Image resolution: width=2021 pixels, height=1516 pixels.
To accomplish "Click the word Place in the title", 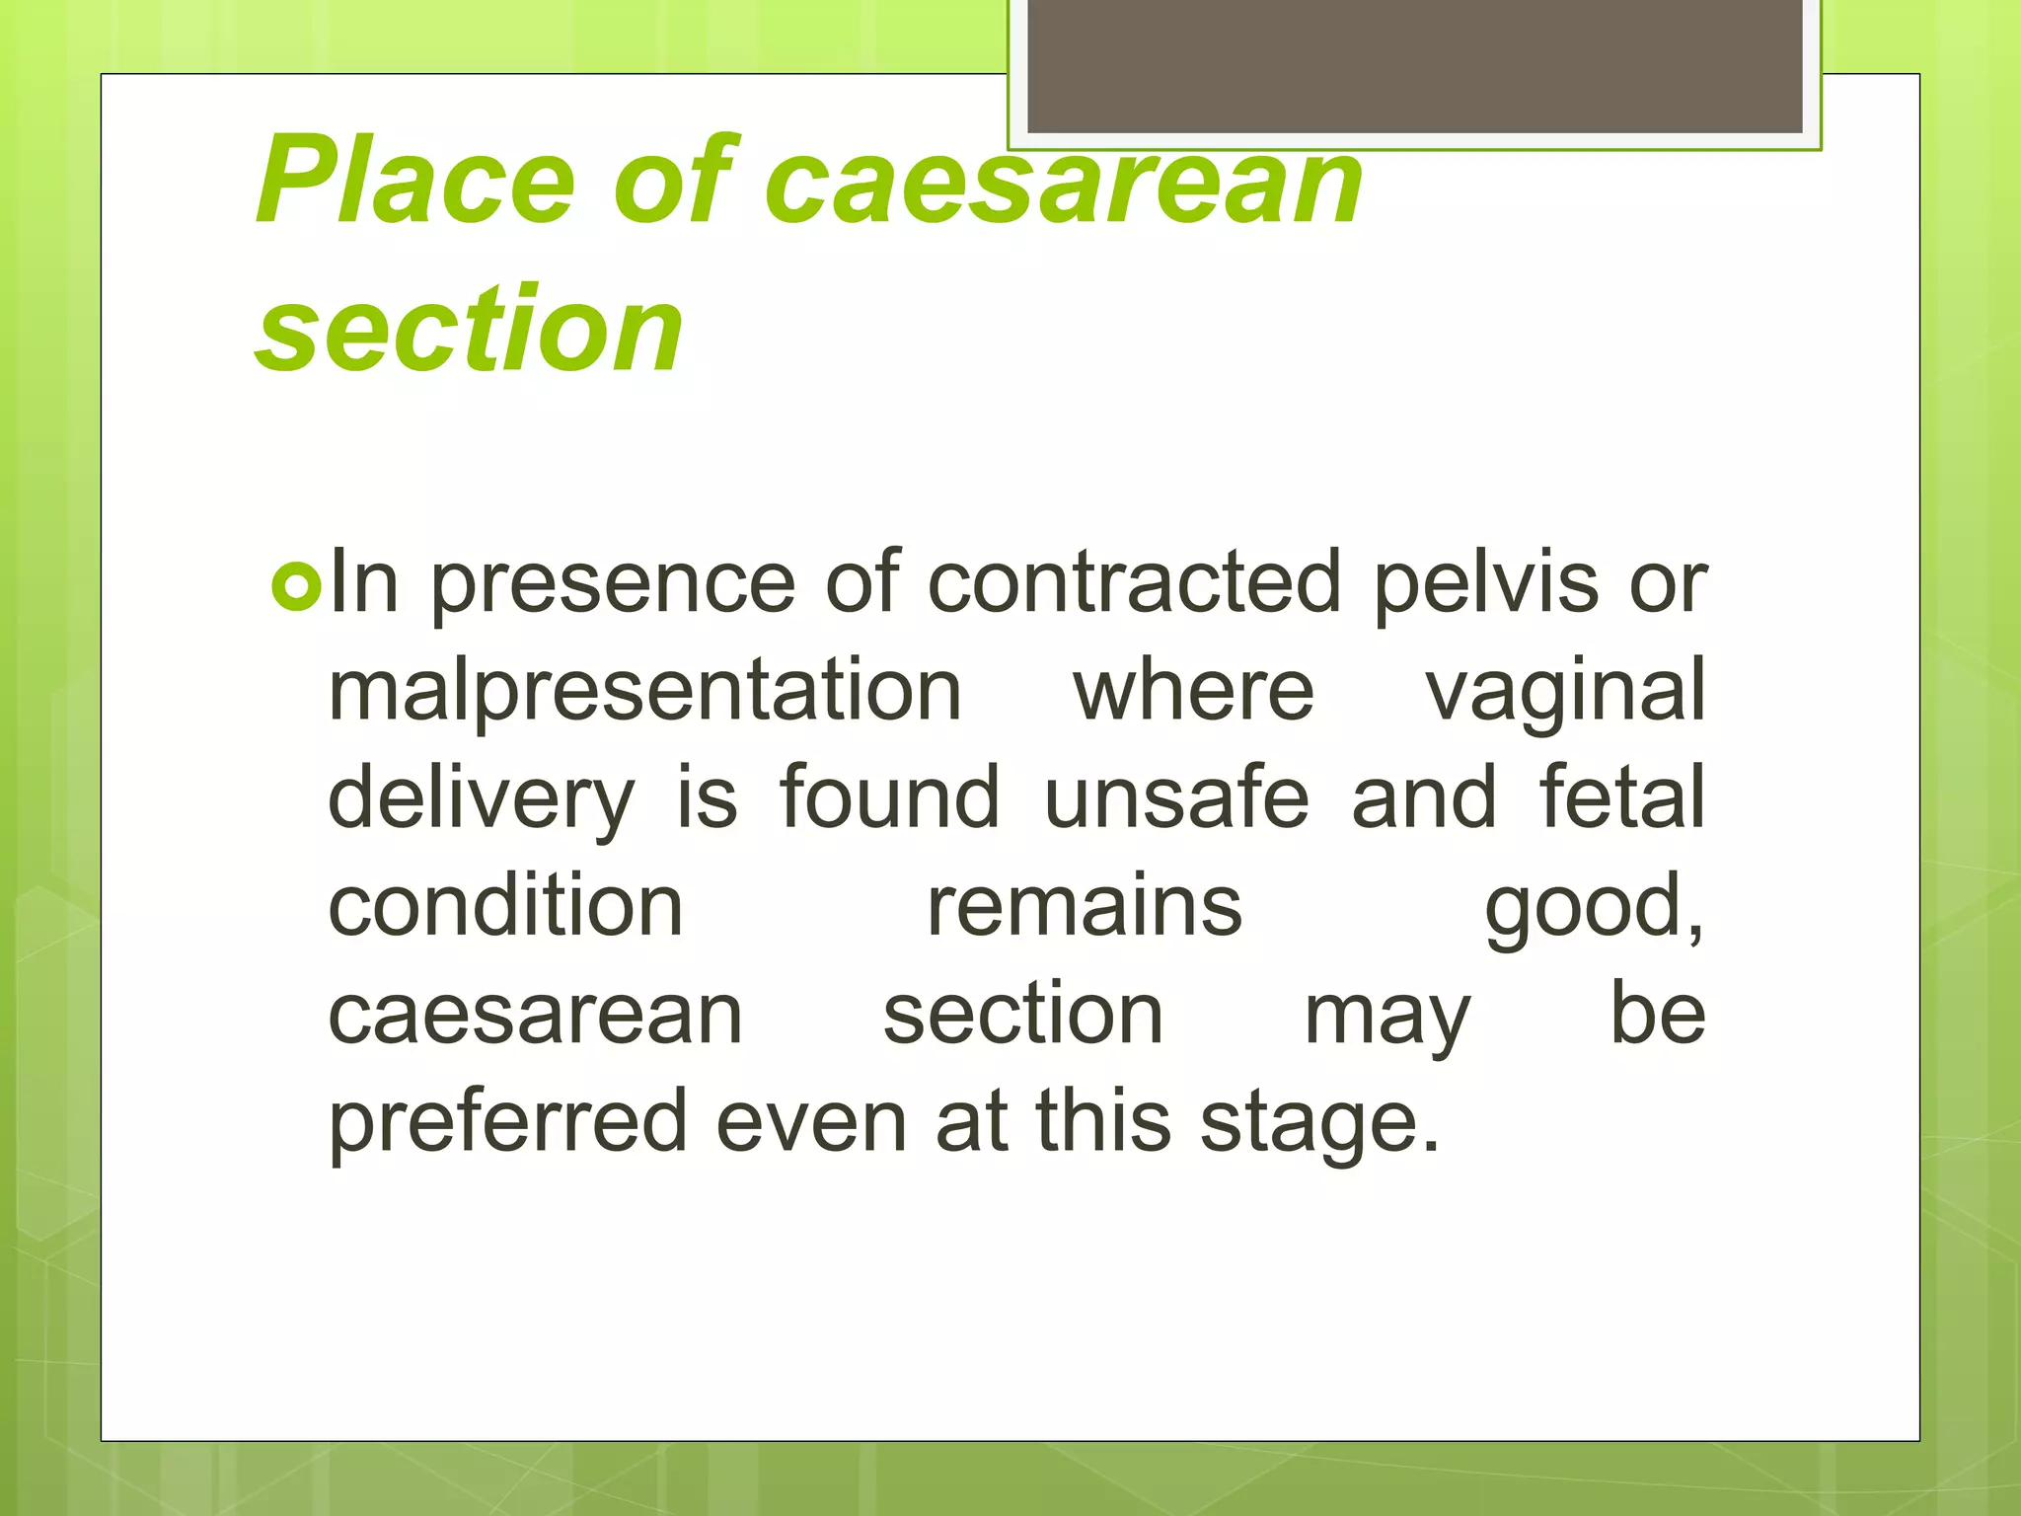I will pyautogui.click(x=414, y=182).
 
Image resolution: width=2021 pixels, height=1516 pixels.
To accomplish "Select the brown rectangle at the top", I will pyautogui.click(x=1415, y=65).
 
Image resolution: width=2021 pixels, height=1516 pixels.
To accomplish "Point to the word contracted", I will pyautogui.click(x=1135, y=582).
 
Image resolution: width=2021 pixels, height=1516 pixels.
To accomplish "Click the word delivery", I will pyautogui.click(x=482, y=799).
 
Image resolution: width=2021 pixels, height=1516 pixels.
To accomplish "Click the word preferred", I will pyautogui.click(x=507, y=1123).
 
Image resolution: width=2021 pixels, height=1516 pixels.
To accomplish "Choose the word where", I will pyautogui.click(x=1193, y=691).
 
